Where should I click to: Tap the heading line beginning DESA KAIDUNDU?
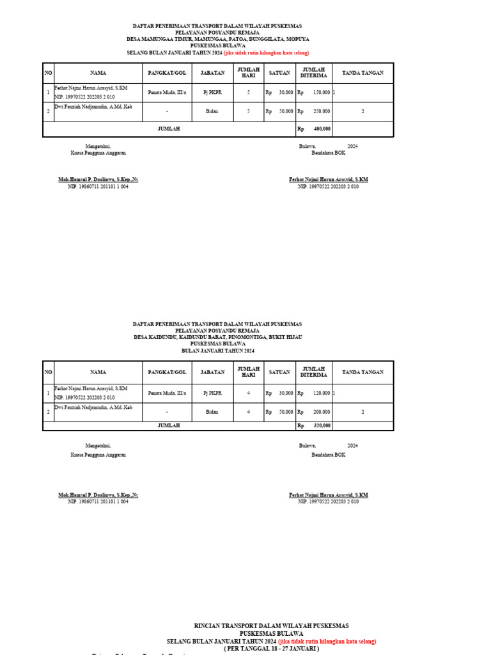(x=218, y=337)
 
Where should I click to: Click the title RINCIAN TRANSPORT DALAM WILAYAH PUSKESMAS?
(x=271, y=626)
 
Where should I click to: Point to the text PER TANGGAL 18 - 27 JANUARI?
(x=271, y=649)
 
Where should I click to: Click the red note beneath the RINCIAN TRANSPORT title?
(x=327, y=641)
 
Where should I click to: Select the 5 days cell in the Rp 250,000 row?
(x=249, y=111)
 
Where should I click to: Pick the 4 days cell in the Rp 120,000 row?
(x=249, y=393)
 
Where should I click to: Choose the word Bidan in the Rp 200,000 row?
(x=212, y=412)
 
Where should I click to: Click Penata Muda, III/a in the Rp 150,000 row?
(x=167, y=93)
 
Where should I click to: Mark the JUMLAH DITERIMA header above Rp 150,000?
(x=314, y=73)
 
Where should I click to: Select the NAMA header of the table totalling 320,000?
(x=98, y=372)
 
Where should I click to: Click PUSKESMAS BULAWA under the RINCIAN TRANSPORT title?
(x=271, y=634)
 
